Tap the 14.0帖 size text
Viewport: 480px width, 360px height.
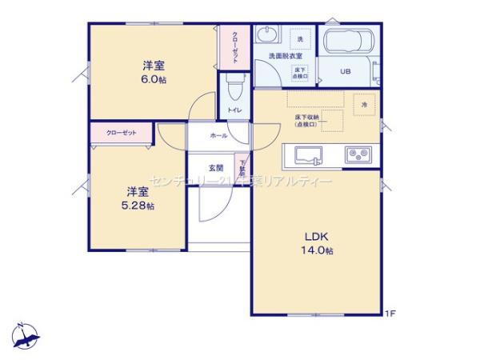point(318,250)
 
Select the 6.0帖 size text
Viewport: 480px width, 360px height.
point(154,80)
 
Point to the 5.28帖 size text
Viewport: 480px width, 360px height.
point(140,206)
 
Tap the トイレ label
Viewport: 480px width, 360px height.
point(235,110)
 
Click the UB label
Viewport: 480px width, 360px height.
point(346,72)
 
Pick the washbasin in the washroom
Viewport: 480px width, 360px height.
point(266,35)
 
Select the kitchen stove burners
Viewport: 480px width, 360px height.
point(356,153)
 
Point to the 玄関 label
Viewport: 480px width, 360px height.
point(216,168)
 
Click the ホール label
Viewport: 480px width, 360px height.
point(218,136)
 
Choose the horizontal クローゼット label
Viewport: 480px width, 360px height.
point(121,132)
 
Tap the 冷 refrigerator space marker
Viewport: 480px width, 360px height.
point(365,105)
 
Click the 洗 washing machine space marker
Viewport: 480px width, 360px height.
point(301,39)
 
